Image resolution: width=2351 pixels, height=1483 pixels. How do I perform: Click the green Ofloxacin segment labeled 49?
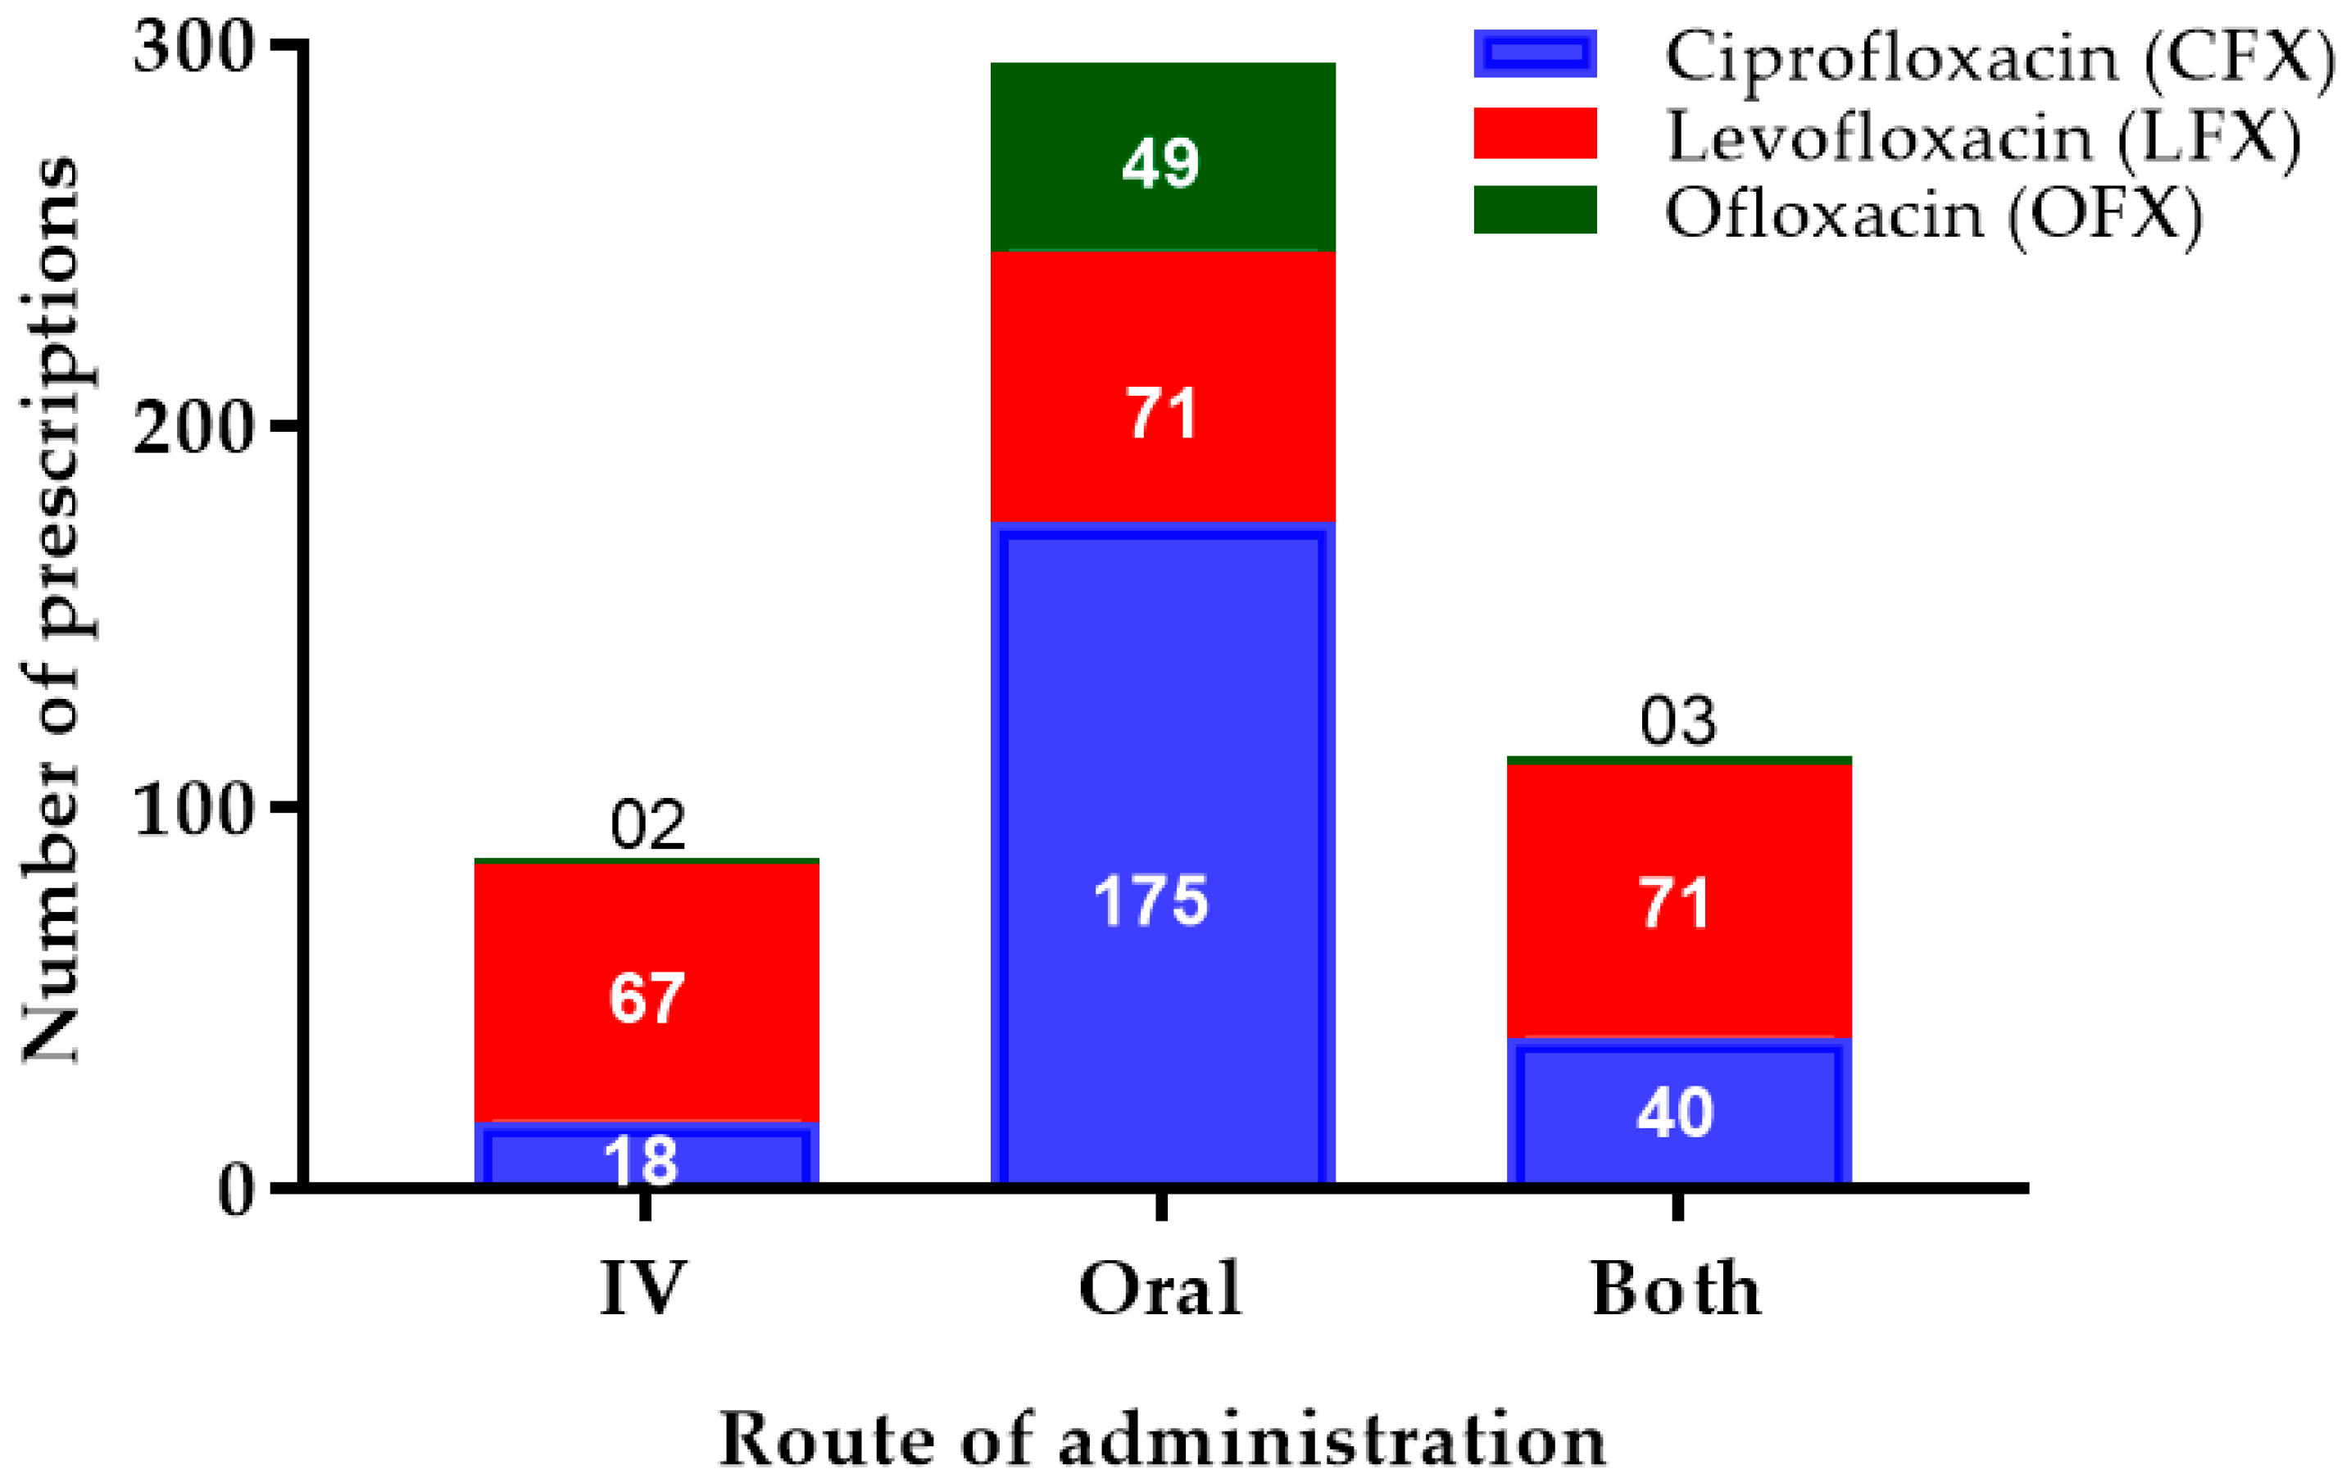(1162, 156)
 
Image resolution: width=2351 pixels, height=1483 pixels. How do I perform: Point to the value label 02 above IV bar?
(647, 825)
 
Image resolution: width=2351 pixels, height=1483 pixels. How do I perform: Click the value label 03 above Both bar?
(1677, 723)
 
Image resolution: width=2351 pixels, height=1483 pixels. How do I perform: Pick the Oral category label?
(1160, 1290)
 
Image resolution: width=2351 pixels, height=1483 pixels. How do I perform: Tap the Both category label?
(1677, 1290)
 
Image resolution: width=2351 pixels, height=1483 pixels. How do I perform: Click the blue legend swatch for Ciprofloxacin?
(1535, 54)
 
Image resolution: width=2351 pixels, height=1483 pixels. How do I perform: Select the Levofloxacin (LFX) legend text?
(1983, 138)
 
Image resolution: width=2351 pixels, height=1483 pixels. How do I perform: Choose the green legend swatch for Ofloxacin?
(1535, 210)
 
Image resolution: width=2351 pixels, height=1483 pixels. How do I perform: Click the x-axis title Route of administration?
(1162, 1440)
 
